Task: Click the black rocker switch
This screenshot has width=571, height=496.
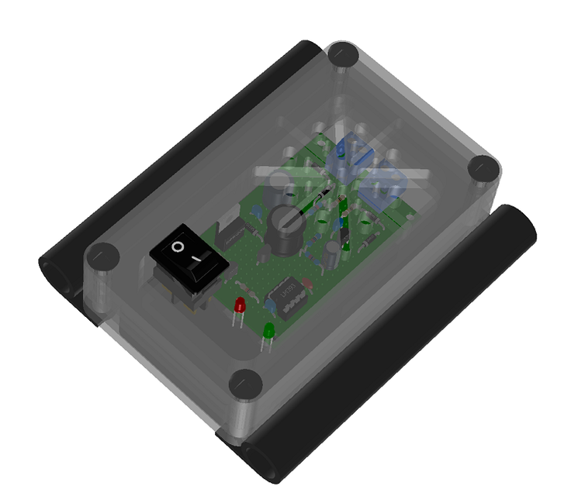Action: point(191,256)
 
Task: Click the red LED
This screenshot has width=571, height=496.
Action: point(241,305)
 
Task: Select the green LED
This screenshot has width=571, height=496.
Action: point(269,332)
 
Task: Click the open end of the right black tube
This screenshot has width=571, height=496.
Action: point(260,462)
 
